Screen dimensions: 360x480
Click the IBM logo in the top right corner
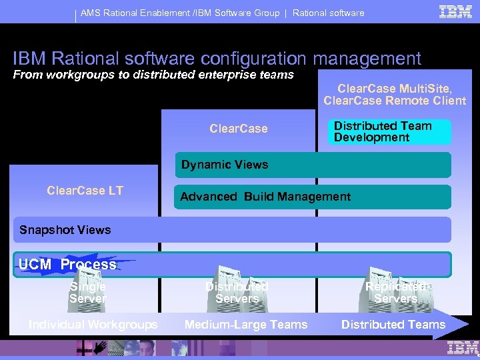click(456, 11)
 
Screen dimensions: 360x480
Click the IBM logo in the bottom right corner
click(463, 347)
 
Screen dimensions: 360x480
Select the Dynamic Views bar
click(312, 165)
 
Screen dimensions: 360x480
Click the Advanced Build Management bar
click(312, 197)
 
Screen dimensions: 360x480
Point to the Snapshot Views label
click(65, 230)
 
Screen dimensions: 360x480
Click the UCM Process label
click(67, 265)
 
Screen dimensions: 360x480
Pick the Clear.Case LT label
click(85, 191)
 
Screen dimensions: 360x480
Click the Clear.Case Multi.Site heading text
click(395, 89)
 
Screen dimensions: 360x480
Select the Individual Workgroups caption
click(93, 325)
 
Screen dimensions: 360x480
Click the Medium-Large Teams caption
click(246, 325)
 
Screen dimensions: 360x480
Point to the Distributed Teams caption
click(393, 325)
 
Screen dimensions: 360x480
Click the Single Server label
click(88, 293)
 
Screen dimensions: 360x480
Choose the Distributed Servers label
click(237, 293)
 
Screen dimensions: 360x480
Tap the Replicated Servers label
click(395, 293)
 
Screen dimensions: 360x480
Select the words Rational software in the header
click(328, 13)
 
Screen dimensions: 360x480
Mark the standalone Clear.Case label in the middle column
click(239, 129)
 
